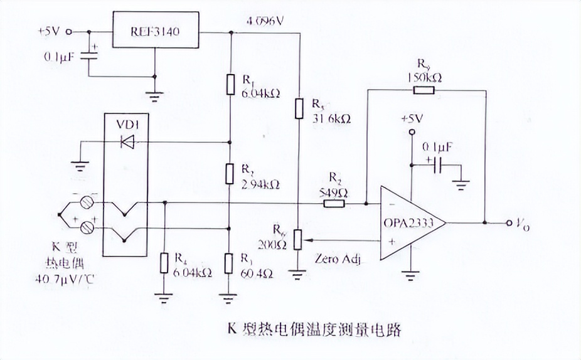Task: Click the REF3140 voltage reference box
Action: click(x=155, y=30)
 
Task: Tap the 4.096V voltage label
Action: click(x=265, y=21)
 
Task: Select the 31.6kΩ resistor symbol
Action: click(x=299, y=109)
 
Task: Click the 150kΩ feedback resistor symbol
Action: click(x=424, y=90)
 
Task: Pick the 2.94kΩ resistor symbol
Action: click(x=230, y=172)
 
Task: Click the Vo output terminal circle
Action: click(x=507, y=223)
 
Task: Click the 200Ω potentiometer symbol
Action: click(x=299, y=239)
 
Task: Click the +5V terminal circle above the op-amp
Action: click(x=412, y=132)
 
